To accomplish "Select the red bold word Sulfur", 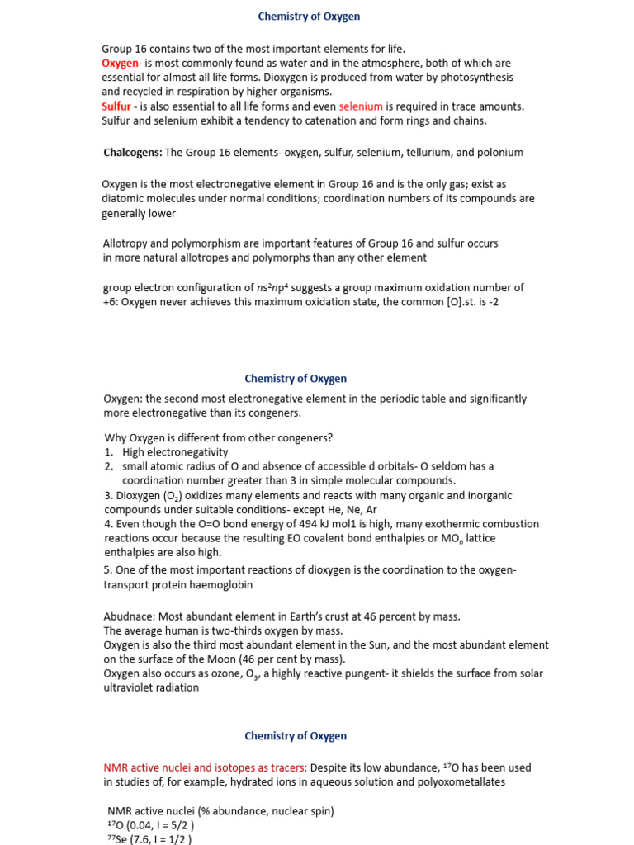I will [116, 106].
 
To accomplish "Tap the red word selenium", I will [361, 106].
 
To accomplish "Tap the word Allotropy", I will [126, 243].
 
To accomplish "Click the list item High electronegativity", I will [175, 452].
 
